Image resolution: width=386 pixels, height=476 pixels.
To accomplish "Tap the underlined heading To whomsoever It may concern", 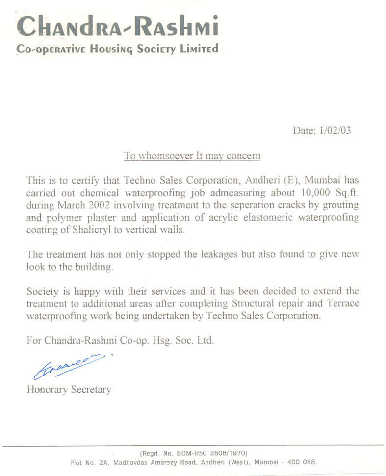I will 192,156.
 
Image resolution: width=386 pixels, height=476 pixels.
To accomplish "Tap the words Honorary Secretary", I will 69,390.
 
